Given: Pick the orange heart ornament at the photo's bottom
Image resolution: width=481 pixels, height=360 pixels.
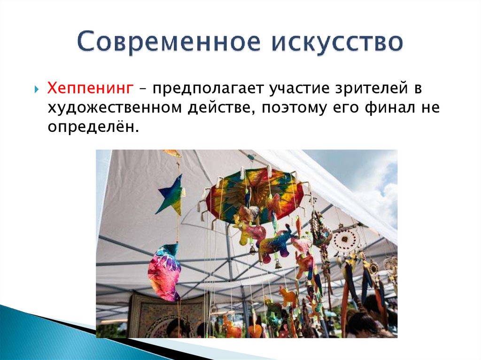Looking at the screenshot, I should click(255, 331).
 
